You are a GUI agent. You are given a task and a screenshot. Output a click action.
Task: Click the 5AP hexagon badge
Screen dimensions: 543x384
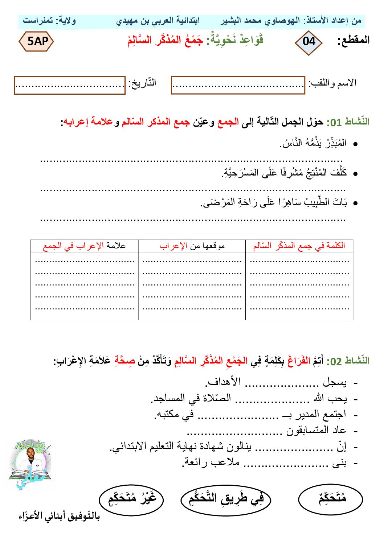pos(36,41)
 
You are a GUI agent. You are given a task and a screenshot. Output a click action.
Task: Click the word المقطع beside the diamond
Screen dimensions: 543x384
pos(353,40)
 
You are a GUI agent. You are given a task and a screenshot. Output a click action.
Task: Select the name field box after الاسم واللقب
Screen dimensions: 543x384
pos(238,85)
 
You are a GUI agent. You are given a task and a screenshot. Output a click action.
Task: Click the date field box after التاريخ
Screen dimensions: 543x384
pos(70,85)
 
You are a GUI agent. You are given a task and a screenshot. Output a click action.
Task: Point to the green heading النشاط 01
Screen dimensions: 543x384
pos(348,122)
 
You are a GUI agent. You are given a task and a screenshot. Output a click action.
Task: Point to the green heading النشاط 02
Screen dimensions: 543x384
pos(348,361)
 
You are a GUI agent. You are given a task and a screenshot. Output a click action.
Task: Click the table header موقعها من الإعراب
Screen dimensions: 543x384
pos(192,246)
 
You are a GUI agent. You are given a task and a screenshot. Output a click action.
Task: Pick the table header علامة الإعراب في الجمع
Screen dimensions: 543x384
pos(84,246)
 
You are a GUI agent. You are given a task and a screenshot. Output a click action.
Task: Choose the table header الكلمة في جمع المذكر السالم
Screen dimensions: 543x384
pos(299,246)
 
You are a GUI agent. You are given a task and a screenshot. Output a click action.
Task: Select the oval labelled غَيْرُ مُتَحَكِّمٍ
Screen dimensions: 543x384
pos(131,499)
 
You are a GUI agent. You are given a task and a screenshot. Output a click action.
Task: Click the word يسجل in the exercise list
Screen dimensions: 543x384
pos(335,382)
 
